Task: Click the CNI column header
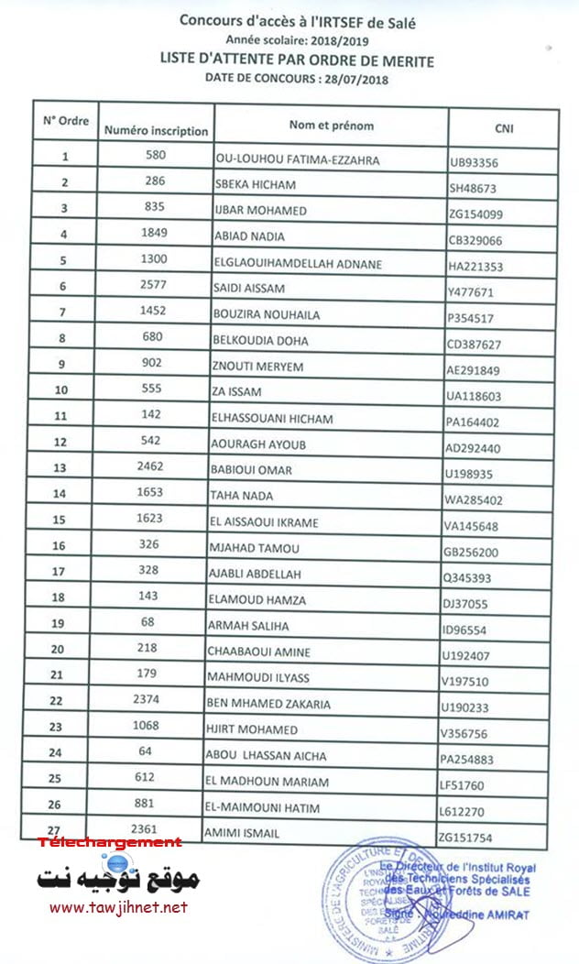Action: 503,128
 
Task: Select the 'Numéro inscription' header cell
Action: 156,130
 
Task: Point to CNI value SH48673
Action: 474,188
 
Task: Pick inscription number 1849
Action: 154,233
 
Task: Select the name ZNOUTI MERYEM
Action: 253,366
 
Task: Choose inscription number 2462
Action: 151,466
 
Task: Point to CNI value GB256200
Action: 475,553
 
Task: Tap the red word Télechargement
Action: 110,842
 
